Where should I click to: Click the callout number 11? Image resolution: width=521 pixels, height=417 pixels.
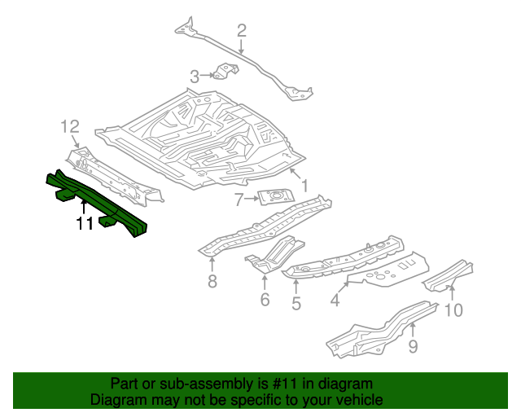pyautogui.click(x=85, y=224)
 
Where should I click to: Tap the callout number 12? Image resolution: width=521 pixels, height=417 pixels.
pyautogui.click(x=70, y=126)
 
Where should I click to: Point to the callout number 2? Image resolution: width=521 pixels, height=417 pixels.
pyautogui.click(x=241, y=32)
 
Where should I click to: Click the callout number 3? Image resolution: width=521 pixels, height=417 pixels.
pyautogui.click(x=195, y=77)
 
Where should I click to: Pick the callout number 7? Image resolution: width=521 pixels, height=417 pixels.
pyautogui.click(x=239, y=200)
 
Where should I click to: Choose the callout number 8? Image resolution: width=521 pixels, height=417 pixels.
pyautogui.click(x=212, y=283)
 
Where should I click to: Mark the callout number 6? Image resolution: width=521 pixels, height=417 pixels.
pyautogui.click(x=265, y=301)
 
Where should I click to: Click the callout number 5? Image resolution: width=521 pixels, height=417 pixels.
pyautogui.click(x=296, y=304)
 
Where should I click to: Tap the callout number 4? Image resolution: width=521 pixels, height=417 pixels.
pyautogui.click(x=334, y=301)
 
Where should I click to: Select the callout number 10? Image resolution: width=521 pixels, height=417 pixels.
pyautogui.click(x=453, y=309)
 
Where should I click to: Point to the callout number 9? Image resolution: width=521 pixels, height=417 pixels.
pyautogui.click(x=413, y=347)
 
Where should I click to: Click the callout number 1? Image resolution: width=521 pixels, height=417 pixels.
pyautogui.click(x=304, y=187)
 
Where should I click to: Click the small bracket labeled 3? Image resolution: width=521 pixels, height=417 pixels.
pyautogui.click(x=225, y=72)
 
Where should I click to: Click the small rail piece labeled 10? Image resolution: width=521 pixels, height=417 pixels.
pyautogui.click(x=448, y=274)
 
